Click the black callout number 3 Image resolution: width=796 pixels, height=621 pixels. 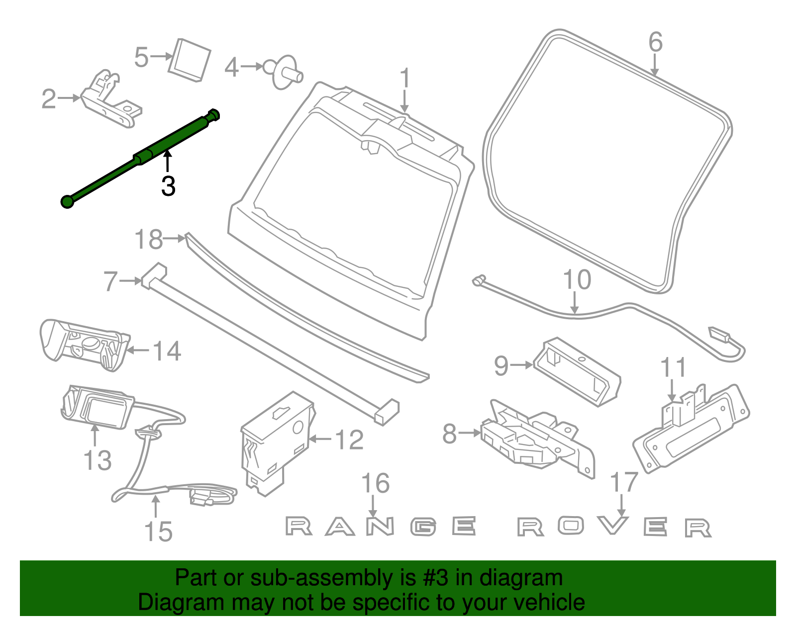168,186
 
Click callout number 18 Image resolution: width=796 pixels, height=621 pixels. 148,240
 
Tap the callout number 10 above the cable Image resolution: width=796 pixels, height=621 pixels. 577,280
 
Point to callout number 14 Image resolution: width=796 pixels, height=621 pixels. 167,351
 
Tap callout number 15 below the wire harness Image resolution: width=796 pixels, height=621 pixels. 158,532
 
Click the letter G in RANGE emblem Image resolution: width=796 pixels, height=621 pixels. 424,527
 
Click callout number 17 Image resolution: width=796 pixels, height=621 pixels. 624,482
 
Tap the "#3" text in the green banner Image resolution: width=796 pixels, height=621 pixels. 436,578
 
